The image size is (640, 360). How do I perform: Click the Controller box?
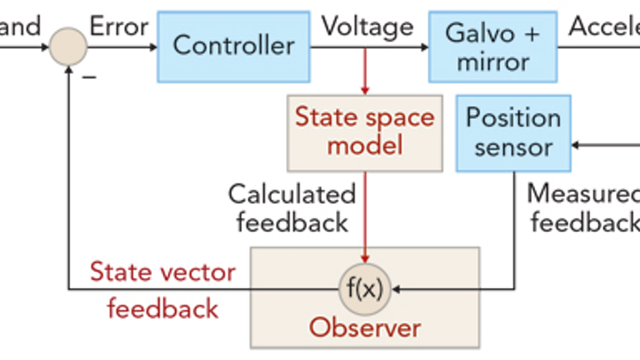[233, 45]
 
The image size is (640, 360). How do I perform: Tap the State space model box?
[364, 132]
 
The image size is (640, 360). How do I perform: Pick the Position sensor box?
[513, 132]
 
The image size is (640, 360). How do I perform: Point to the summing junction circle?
[68, 45]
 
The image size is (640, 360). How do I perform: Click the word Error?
[119, 26]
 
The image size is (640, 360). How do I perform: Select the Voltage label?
[367, 26]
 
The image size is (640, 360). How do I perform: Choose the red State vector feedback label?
[163, 290]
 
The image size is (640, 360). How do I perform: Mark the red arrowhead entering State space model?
[364, 89]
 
